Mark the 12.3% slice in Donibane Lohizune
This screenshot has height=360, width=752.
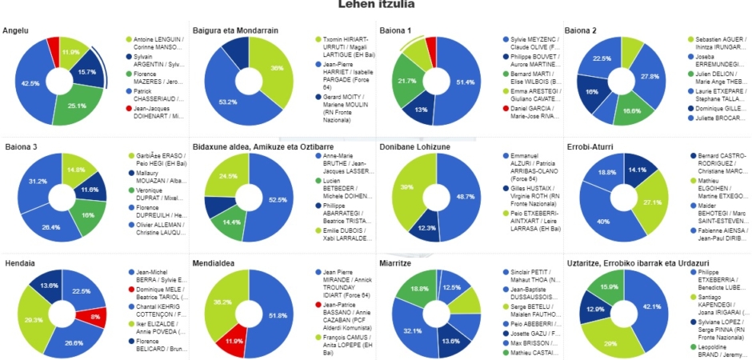click(x=421, y=229)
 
